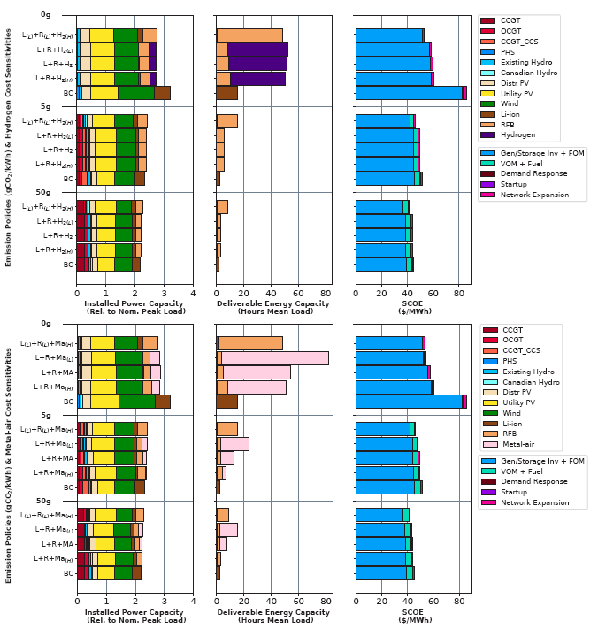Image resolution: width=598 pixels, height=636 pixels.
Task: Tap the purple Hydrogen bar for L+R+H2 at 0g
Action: (x=257, y=64)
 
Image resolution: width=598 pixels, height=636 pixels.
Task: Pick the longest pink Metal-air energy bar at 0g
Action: (x=275, y=358)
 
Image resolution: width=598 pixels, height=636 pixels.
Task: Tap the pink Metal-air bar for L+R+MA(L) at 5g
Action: (x=234, y=444)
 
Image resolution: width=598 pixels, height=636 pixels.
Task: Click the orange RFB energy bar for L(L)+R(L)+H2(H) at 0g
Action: (x=249, y=35)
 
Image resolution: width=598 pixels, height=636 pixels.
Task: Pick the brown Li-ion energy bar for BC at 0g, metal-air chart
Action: (x=227, y=402)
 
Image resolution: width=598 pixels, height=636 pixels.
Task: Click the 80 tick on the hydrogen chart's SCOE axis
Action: (x=458, y=294)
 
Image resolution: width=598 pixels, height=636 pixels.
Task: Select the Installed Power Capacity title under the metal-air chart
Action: (x=134, y=614)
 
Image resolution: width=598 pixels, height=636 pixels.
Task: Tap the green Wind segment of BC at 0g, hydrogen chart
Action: (x=135, y=93)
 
